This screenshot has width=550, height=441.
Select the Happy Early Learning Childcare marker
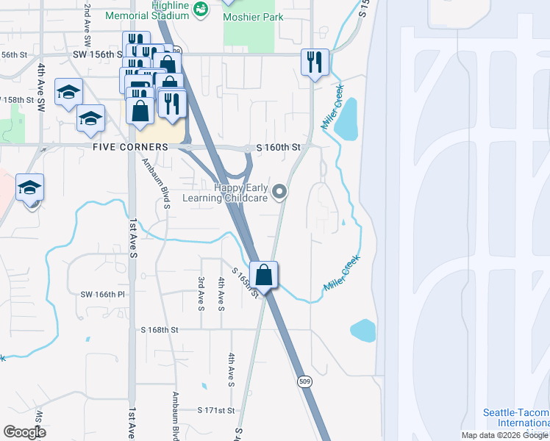279,193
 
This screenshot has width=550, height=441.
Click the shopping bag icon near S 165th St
265,276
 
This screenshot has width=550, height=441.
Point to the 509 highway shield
304,381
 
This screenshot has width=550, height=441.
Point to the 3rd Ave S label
201,292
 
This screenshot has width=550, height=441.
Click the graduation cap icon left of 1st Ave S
30,189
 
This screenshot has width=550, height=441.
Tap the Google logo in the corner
24,431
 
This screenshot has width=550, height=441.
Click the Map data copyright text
504,435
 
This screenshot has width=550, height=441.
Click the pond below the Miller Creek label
346,119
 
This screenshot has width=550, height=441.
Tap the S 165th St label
246,283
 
